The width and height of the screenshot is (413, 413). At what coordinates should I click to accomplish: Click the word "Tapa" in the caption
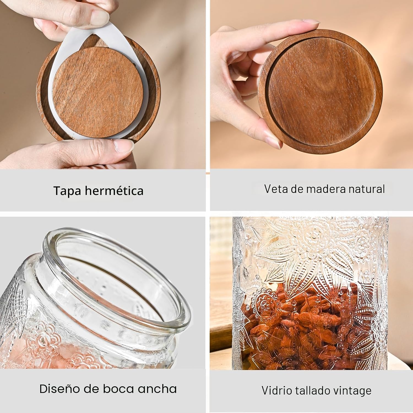67,191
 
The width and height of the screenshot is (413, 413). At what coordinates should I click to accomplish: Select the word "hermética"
114,191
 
